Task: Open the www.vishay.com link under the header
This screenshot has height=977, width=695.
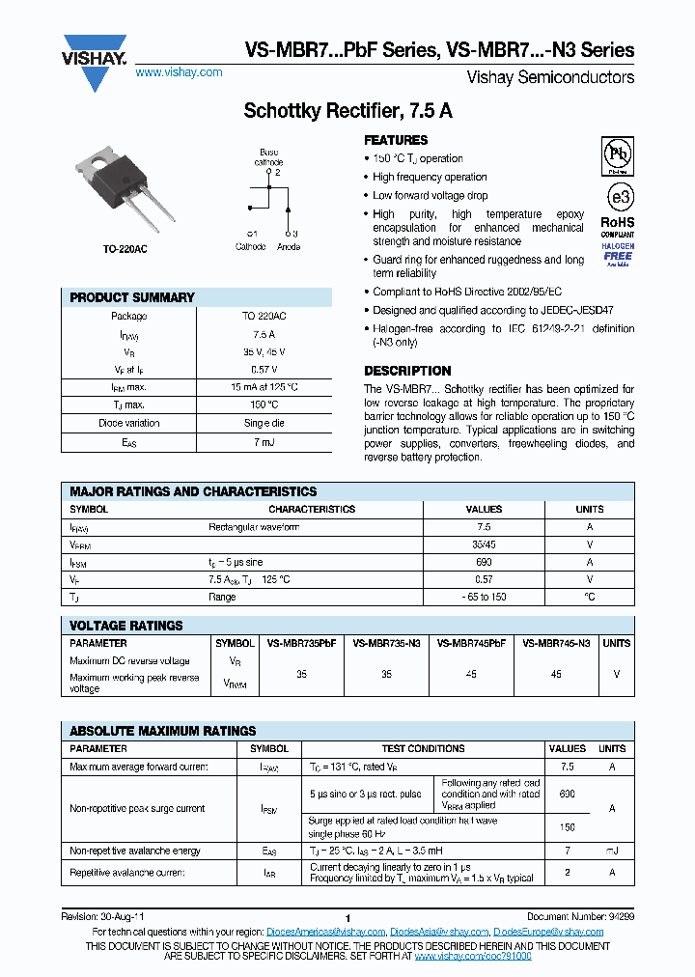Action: [x=179, y=72]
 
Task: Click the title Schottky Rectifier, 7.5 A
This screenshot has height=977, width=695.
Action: [x=348, y=111]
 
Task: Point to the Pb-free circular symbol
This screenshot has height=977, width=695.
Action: [x=618, y=154]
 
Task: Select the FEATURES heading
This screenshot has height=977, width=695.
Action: [x=396, y=140]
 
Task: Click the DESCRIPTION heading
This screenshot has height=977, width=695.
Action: [x=407, y=371]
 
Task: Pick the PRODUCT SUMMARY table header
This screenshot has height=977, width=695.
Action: [x=132, y=297]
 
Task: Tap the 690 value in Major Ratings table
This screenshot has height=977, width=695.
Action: [x=484, y=562]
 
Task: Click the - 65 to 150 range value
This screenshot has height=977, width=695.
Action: [x=484, y=598]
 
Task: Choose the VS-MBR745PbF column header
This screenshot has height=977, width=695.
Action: [x=471, y=643]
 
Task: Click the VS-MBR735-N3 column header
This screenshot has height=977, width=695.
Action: [x=386, y=643]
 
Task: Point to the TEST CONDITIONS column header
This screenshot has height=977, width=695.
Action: [x=423, y=748]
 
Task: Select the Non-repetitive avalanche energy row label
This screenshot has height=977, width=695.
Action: [x=135, y=851]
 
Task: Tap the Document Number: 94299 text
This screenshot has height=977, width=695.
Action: [x=580, y=916]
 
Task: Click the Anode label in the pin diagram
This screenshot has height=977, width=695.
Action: [x=288, y=247]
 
